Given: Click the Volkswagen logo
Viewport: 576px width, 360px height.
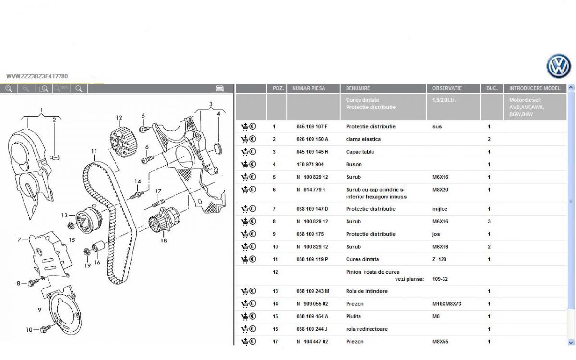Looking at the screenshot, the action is coord(559,66).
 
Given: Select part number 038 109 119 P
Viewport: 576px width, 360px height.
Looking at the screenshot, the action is coord(312,259).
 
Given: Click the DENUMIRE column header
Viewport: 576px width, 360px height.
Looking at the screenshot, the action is coord(358,88).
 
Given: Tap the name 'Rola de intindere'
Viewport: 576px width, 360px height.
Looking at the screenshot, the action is coord(367,291).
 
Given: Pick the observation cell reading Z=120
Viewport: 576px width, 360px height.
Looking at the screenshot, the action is coord(439,259).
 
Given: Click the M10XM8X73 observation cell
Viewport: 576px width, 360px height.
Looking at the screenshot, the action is coord(447,304).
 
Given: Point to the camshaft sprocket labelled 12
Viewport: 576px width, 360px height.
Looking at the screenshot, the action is coord(123,142).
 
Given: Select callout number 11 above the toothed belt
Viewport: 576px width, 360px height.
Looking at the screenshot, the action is coord(94,151).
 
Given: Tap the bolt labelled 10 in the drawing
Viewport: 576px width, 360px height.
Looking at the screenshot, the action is coord(46,328).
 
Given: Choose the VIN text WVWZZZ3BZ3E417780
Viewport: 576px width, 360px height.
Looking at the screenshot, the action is coord(37,76).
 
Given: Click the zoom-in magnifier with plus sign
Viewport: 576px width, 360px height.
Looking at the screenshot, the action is coord(9,89).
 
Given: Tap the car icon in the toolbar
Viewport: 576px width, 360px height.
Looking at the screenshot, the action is coord(219,88).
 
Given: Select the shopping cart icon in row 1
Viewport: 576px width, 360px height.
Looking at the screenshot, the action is coord(244,126).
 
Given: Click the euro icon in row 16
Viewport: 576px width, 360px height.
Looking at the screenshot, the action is coord(253,329).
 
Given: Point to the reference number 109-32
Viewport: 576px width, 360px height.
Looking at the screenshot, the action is coord(440,279).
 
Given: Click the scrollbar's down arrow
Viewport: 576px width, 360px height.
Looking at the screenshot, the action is coord(571,342).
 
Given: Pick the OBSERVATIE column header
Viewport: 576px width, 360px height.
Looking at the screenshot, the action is coord(447,88).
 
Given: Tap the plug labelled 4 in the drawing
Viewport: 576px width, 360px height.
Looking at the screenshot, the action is coord(218,148).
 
